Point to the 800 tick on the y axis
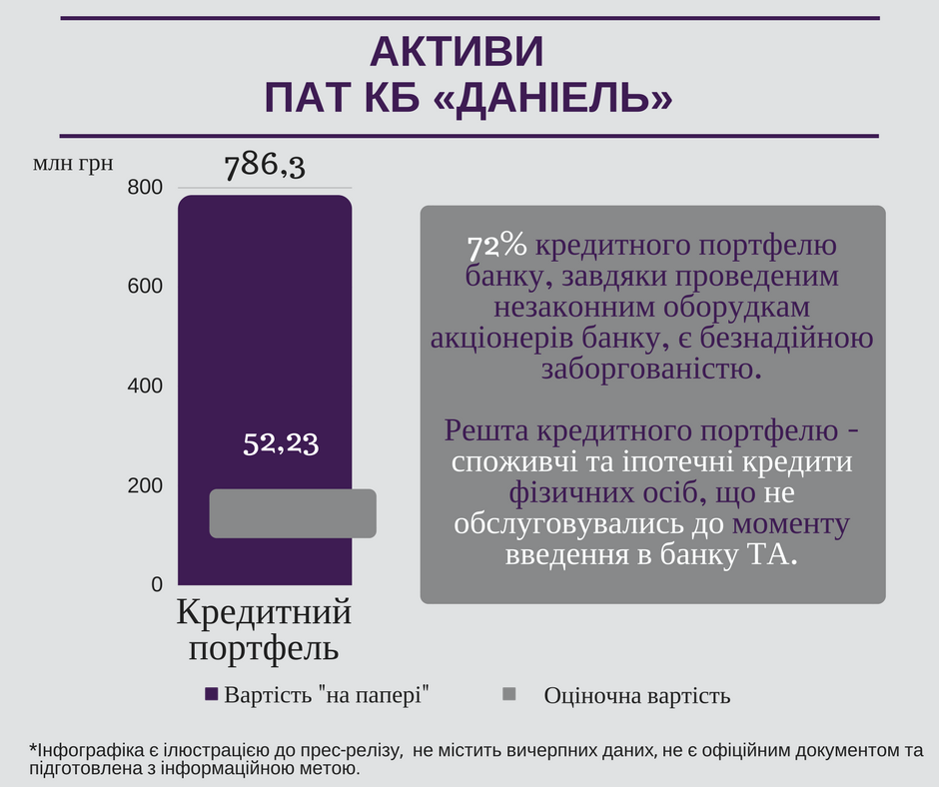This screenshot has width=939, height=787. coord(146,187)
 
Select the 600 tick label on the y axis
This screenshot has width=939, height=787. coord(146,287)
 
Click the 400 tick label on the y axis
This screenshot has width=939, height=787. coord(146,386)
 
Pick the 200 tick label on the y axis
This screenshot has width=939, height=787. coord(146,485)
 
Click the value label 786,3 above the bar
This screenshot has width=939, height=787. coord(264,165)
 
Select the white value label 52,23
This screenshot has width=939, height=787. coord(281,444)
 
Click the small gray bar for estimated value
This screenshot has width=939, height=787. coord(292,513)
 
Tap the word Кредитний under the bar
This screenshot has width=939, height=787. coord(265,611)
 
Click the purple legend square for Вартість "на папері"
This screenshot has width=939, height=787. coord(211,694)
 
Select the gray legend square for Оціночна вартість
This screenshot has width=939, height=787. coord(508,694)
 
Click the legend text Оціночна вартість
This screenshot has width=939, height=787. coord(636,696)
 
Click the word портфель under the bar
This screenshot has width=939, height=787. coord(265,649)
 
